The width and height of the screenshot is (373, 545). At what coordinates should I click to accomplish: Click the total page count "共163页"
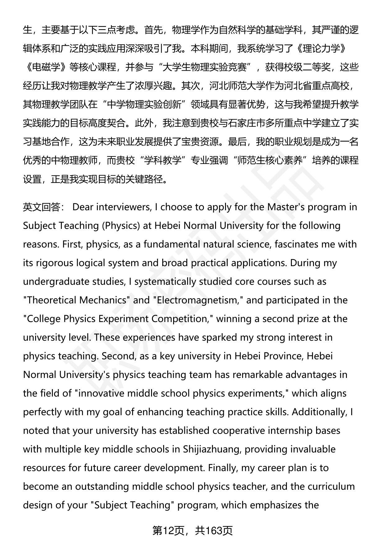click(214, 531)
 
